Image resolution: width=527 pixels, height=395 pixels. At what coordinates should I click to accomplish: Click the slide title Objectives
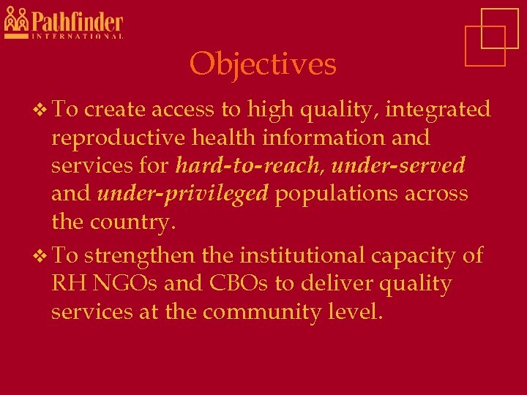coord(263,64)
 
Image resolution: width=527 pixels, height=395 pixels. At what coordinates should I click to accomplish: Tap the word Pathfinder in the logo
coord(77,21)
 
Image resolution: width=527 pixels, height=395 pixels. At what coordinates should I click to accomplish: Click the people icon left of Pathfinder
coord(16,20)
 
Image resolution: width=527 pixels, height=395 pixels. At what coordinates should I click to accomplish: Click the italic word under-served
coord(397,165)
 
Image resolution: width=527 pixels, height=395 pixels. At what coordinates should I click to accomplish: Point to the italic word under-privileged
coord(182,194)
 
